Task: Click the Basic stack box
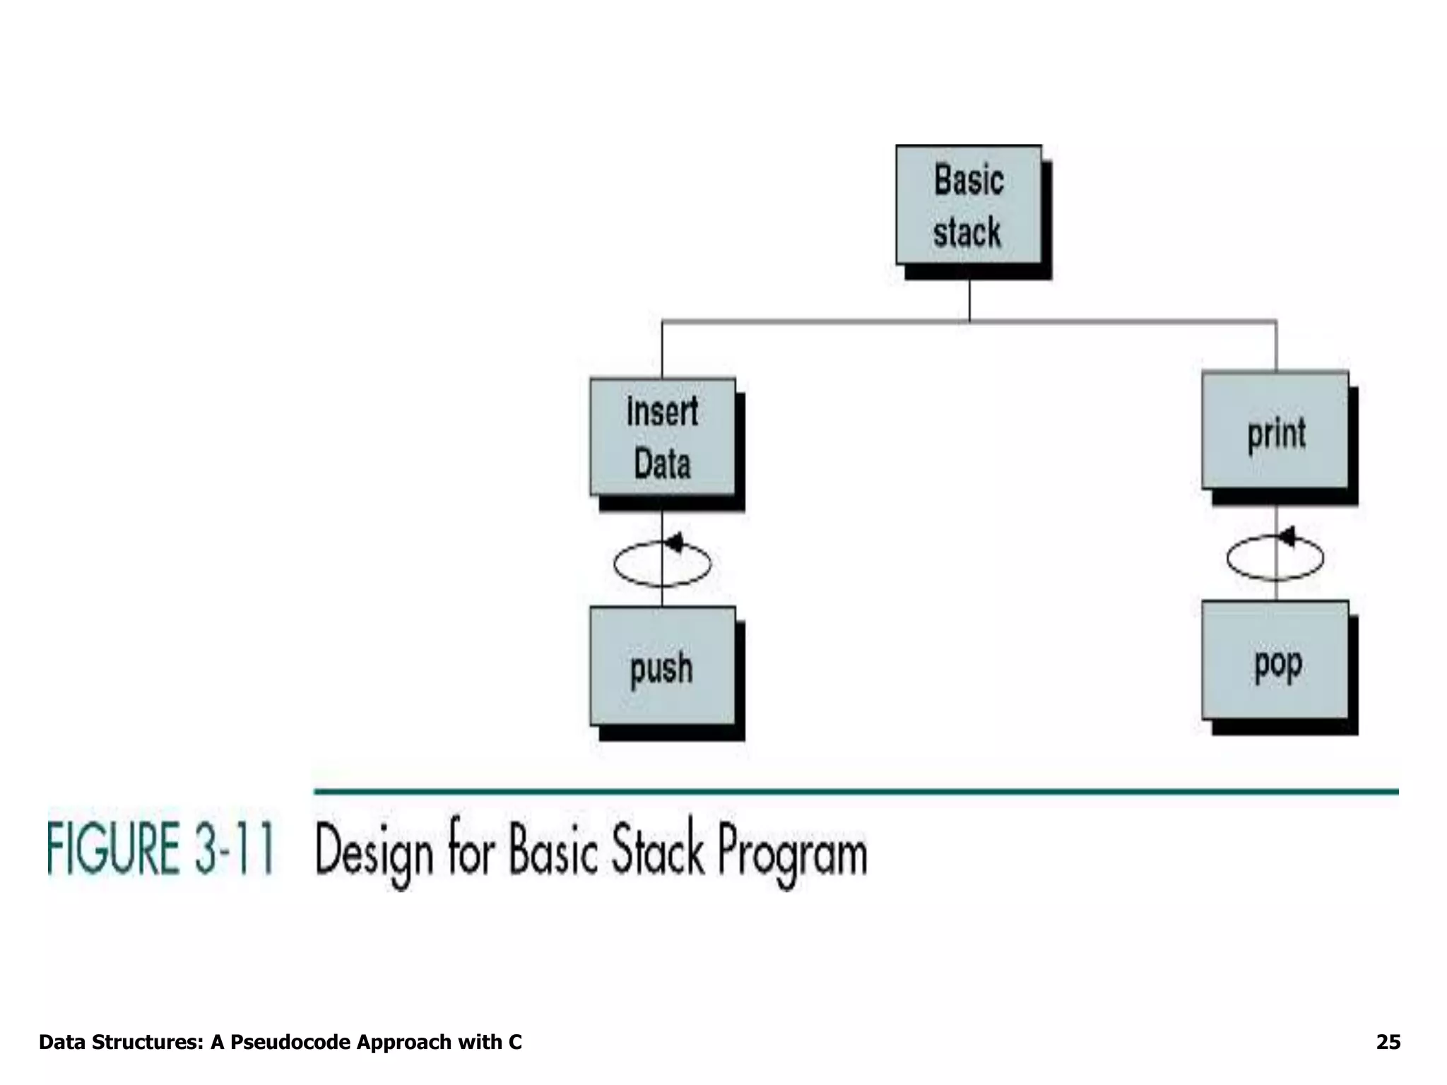pos(969,205)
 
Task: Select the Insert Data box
pos(663,437)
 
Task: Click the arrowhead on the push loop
pos(675,542)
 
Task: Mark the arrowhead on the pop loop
pos(1287,537)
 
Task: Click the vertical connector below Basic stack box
pos(969,300)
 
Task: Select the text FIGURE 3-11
pos(160,850)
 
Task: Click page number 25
pos(1388,1042)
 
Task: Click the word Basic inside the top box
pos(969,179)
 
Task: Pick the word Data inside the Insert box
pos(662,464)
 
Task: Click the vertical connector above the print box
pos(1276,346)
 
